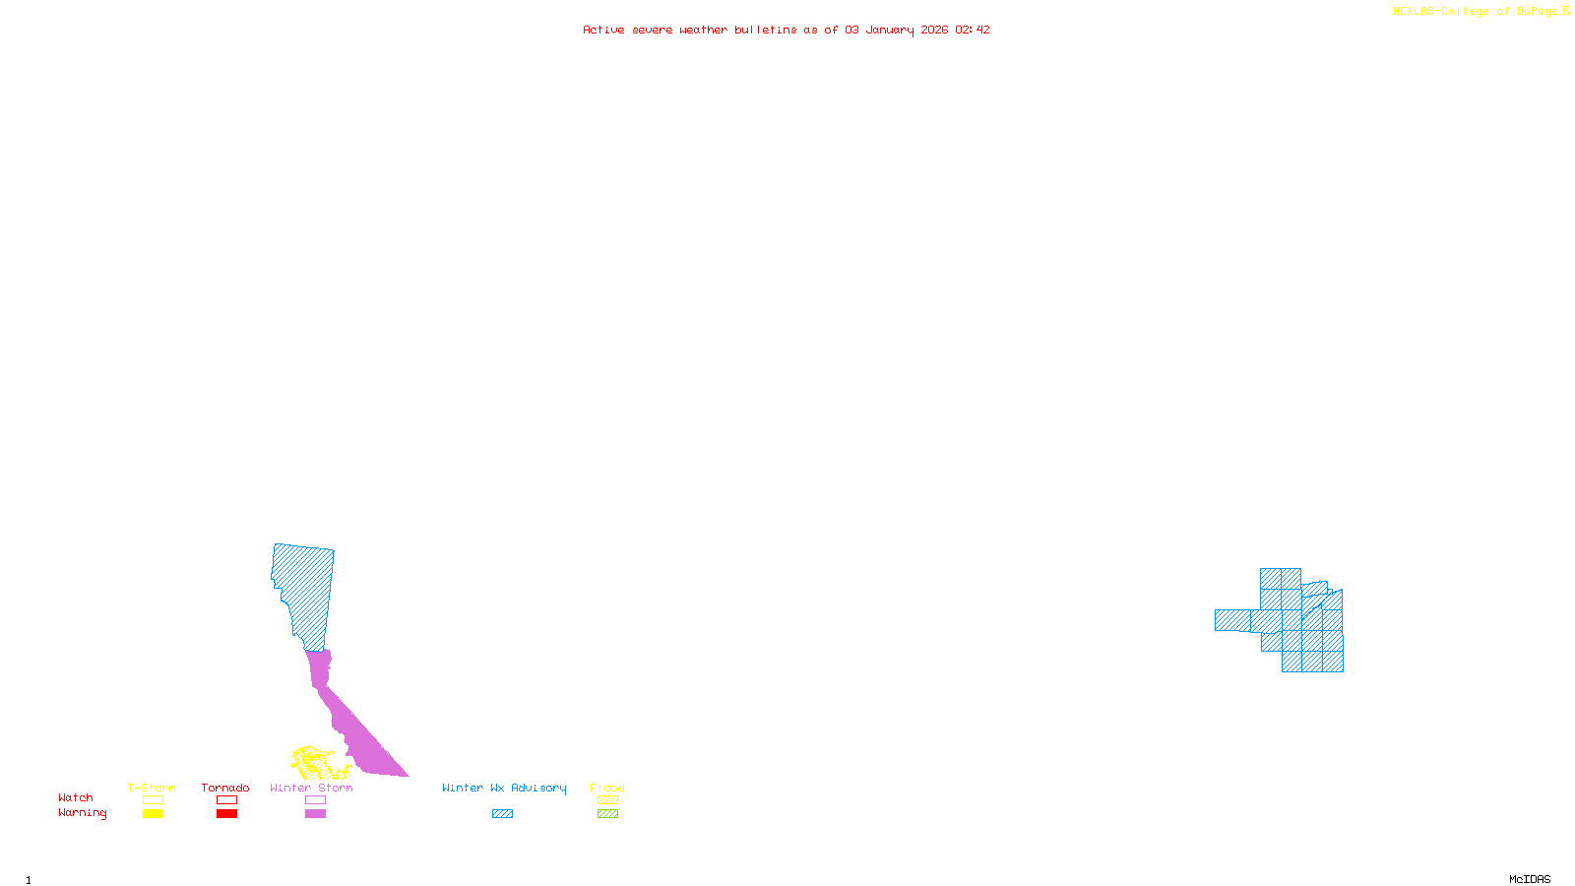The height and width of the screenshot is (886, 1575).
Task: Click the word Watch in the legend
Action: pyautogui.click(x=76, y=797)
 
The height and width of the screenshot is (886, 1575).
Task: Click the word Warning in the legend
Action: pyautogui.click(x=83, y=813)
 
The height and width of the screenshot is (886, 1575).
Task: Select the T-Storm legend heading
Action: pyautogui.click(x=152, y=788)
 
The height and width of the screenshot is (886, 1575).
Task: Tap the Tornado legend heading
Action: pyautogui.click(x=225, y=788)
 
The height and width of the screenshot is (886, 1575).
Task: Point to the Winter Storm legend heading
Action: pyautogui.click(x=311, y=788)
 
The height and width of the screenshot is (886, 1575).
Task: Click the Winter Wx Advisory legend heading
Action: pyautogui.click(x=504, y=788)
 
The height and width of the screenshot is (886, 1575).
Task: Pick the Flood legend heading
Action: pyautogui.click(x=607, y=788)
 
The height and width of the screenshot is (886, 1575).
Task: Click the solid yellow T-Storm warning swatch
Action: pyautogui.click(x=153, y=814)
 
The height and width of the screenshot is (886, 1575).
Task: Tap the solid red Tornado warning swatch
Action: pyautogui.click(x=226, y=814)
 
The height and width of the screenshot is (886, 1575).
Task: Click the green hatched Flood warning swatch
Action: pyautogui.click(x=607, y=814)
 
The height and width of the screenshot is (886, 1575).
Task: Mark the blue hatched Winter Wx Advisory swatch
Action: pyautogui.click(x=502, y=814)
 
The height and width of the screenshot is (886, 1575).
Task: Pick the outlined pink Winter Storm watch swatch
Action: pyautogui.click(x=315, y=800)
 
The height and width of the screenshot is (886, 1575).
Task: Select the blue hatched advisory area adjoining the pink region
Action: pyautogui.click(x=305, y=591)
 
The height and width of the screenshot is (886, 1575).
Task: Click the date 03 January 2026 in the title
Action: pyautogui.click(x=896, y=30)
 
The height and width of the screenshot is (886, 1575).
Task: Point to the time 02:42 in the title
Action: pyautogui.click(x=973, y=30)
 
